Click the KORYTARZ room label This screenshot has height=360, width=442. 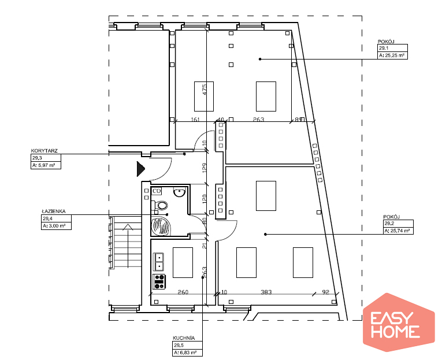pyautogui.click(x=44, y=151)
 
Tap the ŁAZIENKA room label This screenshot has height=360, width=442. pyautogui.click(x=54, y=211)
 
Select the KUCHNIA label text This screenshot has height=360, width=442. pyautogui.click(x=184, y=338)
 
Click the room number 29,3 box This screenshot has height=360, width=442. pyautogui.click(x=46, y=158)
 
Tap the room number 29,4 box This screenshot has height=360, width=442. pyautogui.click(x=56, y=218)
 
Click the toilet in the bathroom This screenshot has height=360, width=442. pyautogui.click(x=160, y=205)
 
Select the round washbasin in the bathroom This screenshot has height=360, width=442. pyautogui.click(x=179, y=192)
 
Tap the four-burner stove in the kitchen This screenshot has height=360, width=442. pyautogui.click(x=159, y=281)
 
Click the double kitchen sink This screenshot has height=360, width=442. pyautogui.click(x=159, y=262)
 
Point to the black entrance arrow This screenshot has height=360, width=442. pyautogui.click(x=140, y=169)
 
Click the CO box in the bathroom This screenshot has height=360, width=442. pyautogui.click(x=157, y=191)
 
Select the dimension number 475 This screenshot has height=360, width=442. pyautogui.click(x=205, y=90)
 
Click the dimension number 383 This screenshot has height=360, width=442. pyautogui.click(x=266, y=292)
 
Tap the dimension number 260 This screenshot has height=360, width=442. pyautogui.click(x=183, y=292)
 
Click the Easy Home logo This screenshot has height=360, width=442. pyautogui.click(x=399, y=322)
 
